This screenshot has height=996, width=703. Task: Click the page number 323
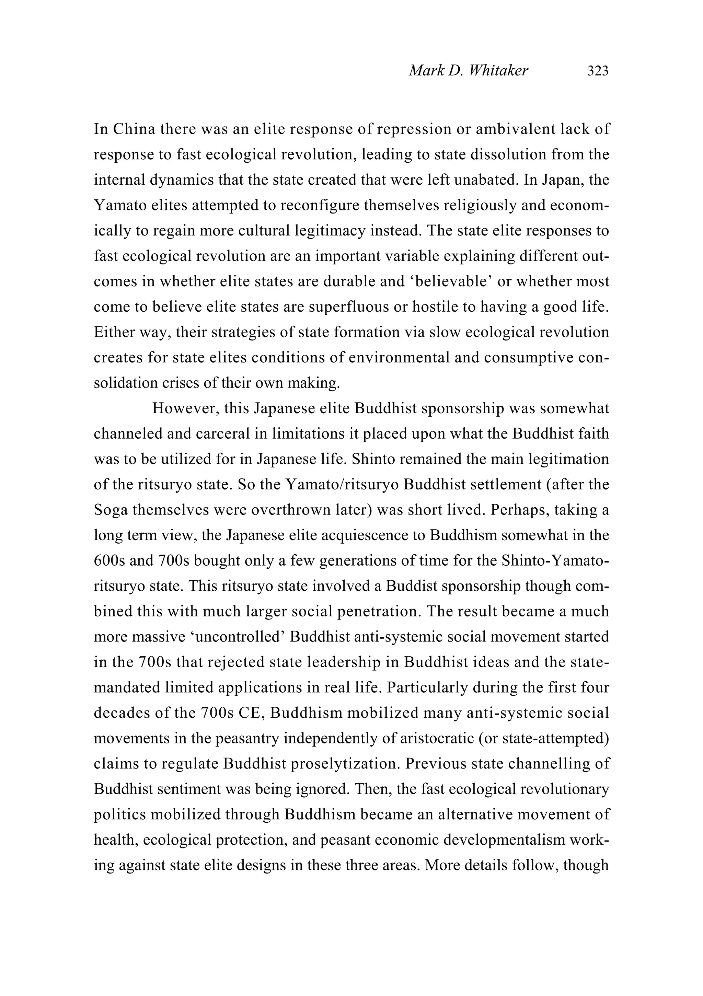(x=598, y=71)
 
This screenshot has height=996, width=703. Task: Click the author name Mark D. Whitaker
(x=468, y=71)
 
